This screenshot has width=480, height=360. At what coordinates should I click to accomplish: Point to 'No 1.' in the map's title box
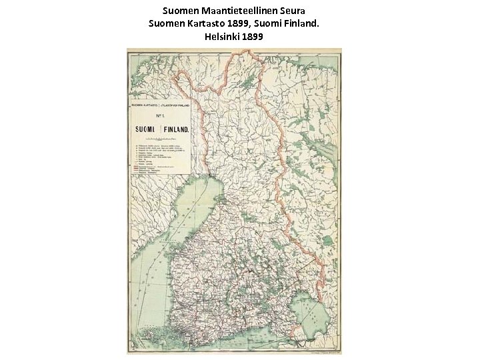[161, 116]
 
